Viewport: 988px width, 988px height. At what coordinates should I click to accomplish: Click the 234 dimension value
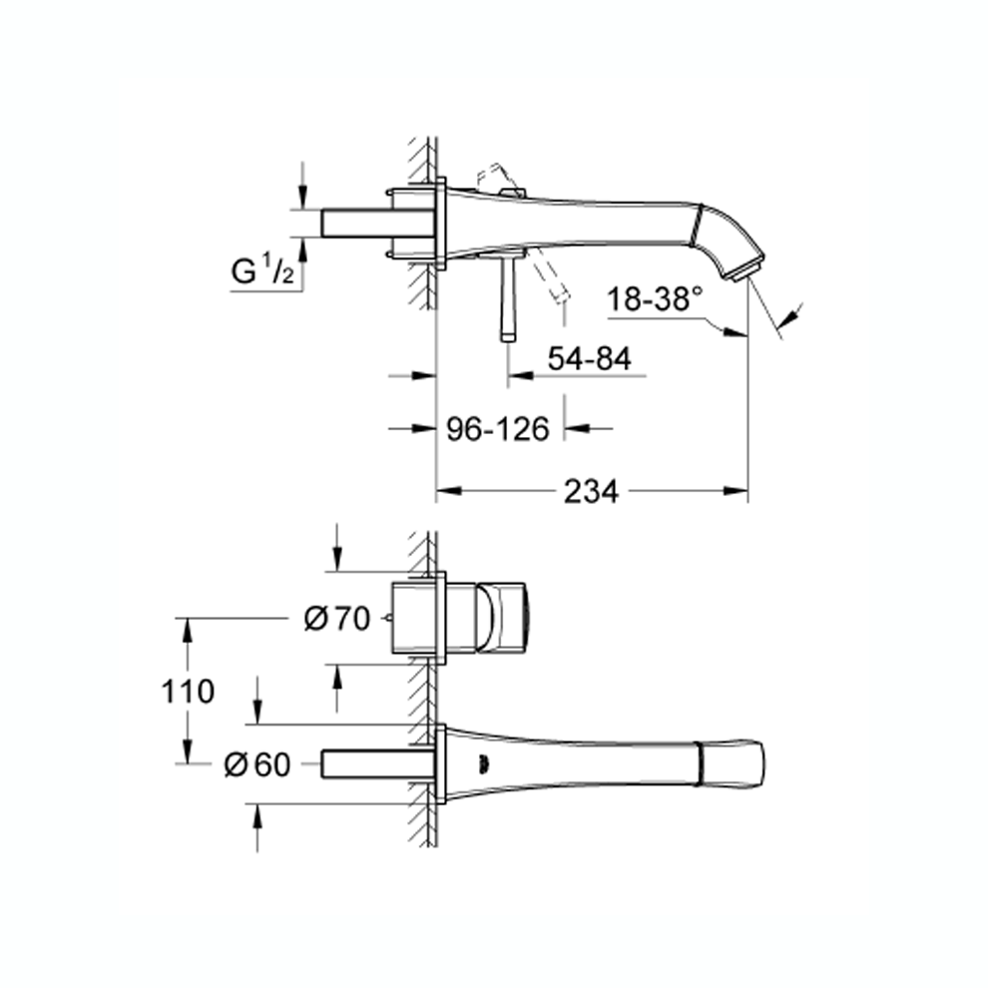coord(591,491)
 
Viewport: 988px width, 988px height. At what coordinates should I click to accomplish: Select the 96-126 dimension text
coord(498,429)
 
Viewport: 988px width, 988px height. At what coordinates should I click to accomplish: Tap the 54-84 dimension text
coord(589,358)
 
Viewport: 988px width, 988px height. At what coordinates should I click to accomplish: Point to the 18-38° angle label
coord(655,298)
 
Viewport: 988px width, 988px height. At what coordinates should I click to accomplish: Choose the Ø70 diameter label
coord(337,619)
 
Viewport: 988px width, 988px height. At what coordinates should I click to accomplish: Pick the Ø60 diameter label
coord(257,764)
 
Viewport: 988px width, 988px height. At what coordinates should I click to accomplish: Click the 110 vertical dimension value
coord(188,692)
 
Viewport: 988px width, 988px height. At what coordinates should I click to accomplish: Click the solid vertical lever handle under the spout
coord(509,298)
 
